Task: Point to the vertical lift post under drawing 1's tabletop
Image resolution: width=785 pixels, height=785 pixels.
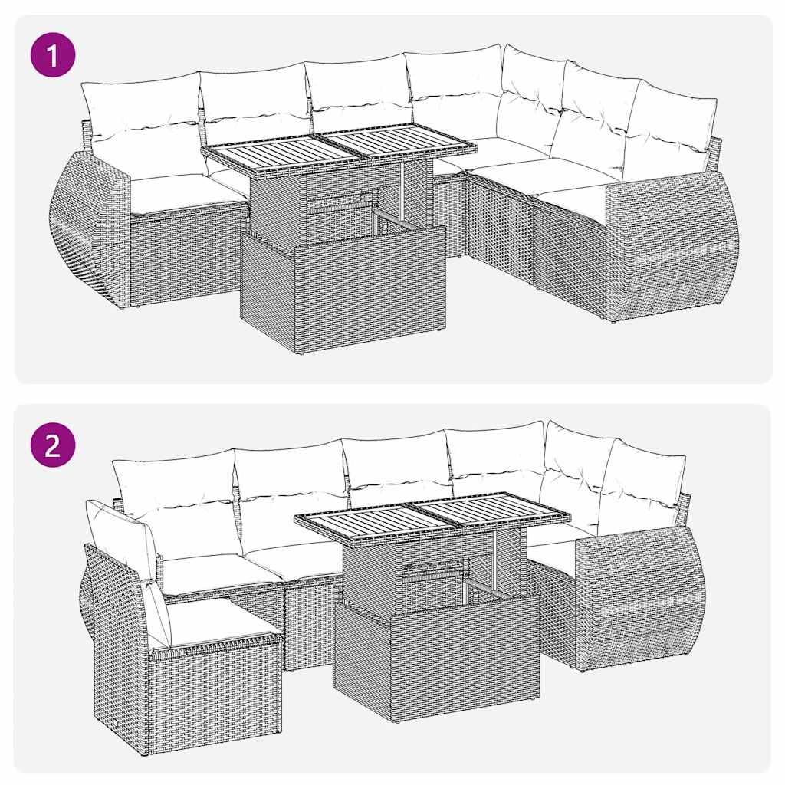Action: (x=400, y=184)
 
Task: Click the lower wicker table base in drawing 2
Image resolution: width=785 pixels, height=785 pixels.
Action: (x=437, y=659)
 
